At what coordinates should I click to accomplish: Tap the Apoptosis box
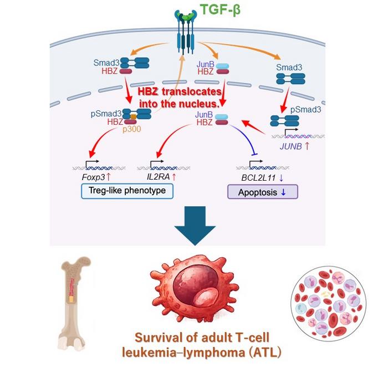pyautogui.click(x=263, y=191)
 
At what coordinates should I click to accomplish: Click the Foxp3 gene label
pyautogui.click(x=88, y=177)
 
